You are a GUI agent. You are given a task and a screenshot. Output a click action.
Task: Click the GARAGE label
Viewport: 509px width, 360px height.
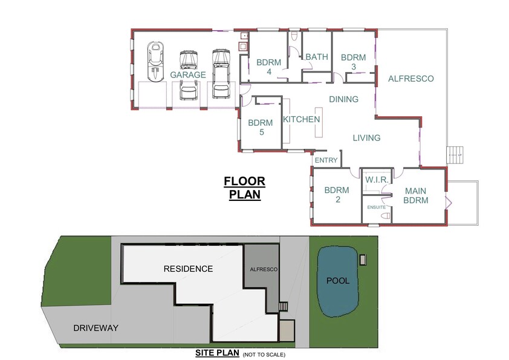[x=188, y=75]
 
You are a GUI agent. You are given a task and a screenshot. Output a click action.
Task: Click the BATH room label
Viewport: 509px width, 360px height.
[x=317, y=57]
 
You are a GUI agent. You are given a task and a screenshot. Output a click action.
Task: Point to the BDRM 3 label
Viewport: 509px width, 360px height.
[x=353, y=62]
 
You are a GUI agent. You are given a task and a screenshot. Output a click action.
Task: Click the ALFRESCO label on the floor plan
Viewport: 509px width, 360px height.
[x=411, y=79]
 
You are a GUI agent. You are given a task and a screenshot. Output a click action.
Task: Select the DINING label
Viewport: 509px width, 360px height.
[x=343, y=99]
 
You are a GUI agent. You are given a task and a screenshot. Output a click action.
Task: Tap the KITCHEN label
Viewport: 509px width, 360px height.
[x=302, y=119]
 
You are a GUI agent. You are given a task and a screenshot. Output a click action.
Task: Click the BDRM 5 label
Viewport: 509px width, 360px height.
[x=260, y=127]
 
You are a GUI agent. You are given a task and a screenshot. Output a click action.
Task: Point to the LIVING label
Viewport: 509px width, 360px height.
[x=366, y=138]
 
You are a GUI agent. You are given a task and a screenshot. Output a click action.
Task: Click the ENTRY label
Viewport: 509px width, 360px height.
[x=326, y=160]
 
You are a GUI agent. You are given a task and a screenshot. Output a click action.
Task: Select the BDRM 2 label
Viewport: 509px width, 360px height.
[x=336, y=195]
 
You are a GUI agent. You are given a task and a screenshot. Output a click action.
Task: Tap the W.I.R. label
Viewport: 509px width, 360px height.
[x=375, y=180]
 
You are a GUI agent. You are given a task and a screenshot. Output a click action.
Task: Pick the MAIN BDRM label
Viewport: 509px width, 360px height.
[x=416, y=195]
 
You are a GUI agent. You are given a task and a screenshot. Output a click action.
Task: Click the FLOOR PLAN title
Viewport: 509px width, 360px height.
[x=244, y=188]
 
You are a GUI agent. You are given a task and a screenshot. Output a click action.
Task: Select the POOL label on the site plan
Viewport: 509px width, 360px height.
[x=338, y=281]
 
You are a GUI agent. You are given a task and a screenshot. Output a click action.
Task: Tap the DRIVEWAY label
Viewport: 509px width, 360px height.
[x=96, y=328]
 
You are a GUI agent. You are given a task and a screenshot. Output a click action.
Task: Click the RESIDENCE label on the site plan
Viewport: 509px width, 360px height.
[x=187, y=269]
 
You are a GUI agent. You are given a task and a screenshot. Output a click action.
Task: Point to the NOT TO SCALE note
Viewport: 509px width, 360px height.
[x=264, y=355]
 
